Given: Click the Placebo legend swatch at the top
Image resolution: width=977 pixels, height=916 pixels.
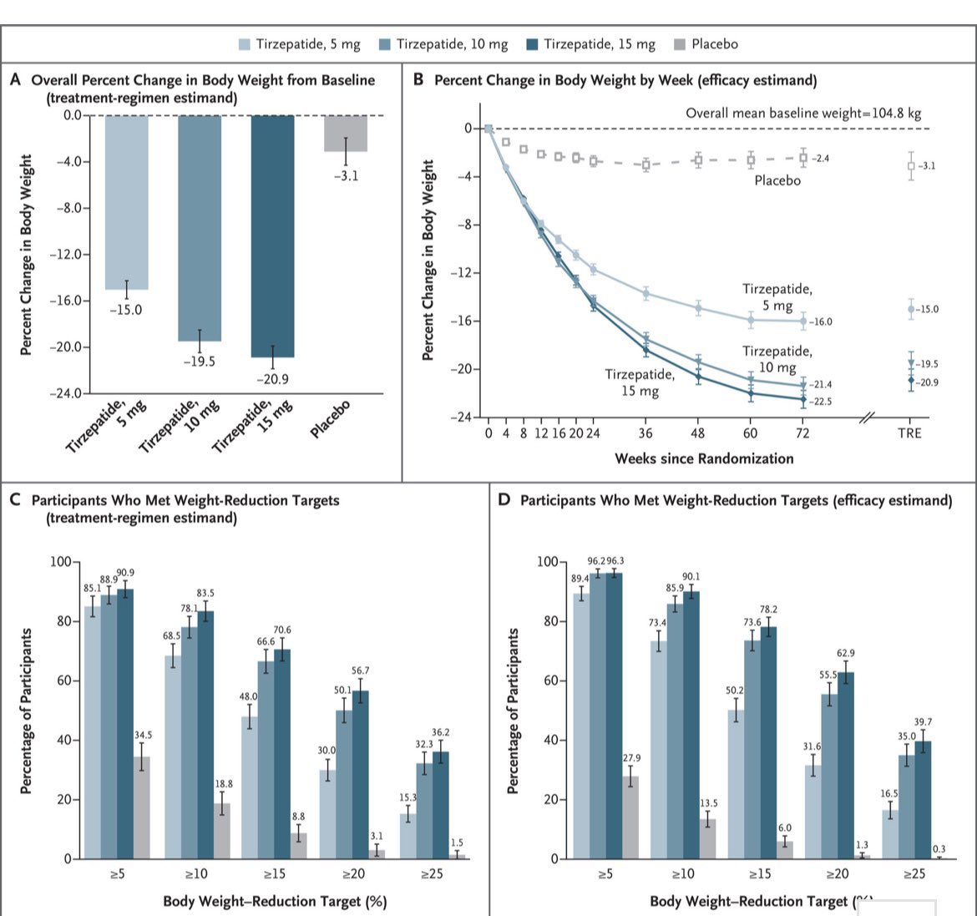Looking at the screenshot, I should click(x=681, y=44).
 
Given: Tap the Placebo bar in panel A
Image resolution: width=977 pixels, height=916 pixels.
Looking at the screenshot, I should click(x=345, y=133).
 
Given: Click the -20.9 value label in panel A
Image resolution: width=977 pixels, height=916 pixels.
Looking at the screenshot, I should click(x=272, y=379).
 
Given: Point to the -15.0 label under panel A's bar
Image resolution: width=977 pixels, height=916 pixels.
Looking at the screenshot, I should click(x=126, y=310).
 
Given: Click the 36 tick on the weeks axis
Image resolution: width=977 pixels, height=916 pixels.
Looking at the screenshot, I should click(x=645, y=433).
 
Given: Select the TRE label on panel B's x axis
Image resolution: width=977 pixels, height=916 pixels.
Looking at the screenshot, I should click(x=909, y=433).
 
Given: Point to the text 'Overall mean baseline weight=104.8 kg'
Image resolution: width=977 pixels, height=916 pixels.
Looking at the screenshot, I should click(x=803, y=113).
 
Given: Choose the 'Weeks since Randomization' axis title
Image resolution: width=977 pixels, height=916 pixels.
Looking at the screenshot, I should click(x=704, y=458).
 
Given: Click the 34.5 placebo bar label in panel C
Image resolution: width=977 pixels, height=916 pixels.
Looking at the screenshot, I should click(x=143, y=735).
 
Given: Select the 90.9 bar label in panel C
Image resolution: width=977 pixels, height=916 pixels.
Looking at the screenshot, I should click(x=125, y=573).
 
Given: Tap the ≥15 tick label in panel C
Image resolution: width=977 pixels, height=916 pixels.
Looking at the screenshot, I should click(x=274, y=874).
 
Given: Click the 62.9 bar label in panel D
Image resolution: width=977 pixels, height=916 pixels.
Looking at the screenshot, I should click(x=846, y=654).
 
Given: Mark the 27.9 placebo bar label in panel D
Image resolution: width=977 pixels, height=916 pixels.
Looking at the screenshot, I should click(x=630, y=758).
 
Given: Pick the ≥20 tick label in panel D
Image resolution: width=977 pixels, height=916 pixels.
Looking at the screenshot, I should click(x=837, y=874).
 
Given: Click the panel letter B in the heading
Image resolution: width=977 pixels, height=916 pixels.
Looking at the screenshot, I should click(x=418, y=79).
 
